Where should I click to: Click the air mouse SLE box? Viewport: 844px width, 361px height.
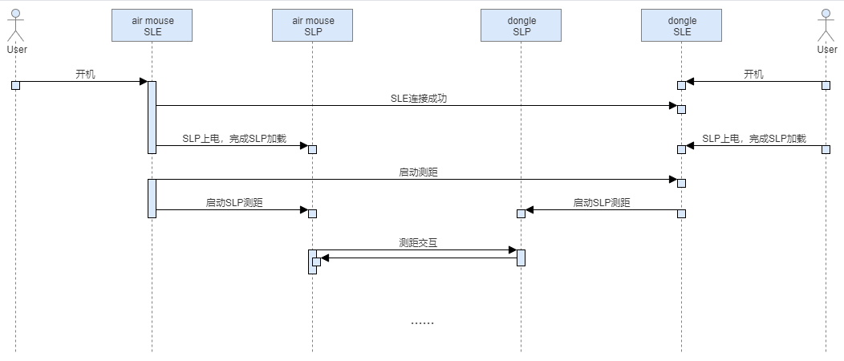152,26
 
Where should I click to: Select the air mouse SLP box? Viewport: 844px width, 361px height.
312,26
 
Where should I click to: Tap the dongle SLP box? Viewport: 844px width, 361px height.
521,26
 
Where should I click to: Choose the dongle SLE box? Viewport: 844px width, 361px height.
681,26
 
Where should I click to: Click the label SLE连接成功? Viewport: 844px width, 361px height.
419,99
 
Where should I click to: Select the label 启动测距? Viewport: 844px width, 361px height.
418,172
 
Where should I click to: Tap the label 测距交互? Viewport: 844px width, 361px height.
418,242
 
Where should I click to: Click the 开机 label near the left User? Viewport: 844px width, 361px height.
86,75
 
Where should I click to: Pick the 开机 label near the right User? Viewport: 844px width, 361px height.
753,75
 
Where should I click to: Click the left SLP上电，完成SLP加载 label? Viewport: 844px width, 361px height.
234,138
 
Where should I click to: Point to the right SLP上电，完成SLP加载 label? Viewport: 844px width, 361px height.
754,138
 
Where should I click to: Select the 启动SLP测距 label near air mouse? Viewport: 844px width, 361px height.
234,203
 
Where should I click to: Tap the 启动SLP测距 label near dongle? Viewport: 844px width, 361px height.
601,203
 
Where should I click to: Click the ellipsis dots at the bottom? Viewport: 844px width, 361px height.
422,323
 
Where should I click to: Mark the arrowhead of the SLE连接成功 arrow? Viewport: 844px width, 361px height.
673,105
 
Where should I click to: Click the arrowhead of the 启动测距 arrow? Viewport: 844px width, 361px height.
673,179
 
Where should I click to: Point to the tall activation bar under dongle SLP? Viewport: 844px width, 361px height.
521,258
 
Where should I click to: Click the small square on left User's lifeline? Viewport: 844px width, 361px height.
15,85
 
